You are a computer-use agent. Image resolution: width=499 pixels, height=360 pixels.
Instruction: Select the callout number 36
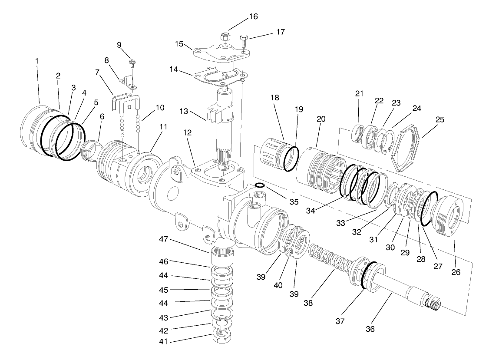[x=370, y=329]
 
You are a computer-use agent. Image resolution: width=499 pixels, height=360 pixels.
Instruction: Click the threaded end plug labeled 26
[x=446, y=213]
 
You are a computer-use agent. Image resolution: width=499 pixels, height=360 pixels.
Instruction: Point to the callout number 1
[x=37, y=61]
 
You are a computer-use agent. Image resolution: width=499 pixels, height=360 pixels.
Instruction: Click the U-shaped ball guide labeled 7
[x=126, y=102]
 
